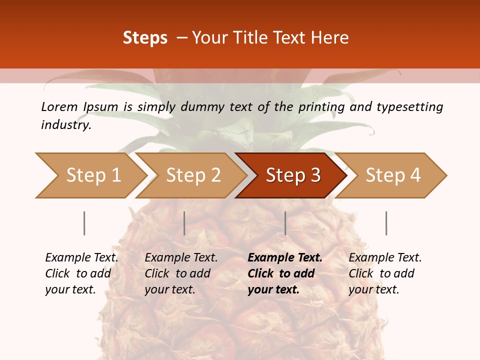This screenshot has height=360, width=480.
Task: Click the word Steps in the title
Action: pos(145,38)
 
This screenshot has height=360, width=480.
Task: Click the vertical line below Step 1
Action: pos(84,223)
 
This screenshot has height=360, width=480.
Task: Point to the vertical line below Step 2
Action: pos(184,223)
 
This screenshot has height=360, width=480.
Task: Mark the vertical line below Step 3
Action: pos(285,223)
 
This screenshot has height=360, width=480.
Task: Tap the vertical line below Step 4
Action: pos(386,223)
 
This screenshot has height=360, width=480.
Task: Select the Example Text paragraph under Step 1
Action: pos(81,273)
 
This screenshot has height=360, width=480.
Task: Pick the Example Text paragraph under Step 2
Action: pos(181,273)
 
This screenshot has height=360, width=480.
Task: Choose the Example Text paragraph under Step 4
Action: pos(385,273)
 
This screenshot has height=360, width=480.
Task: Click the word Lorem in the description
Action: pos(59,106)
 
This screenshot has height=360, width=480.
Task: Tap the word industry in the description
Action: pos(66,125)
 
